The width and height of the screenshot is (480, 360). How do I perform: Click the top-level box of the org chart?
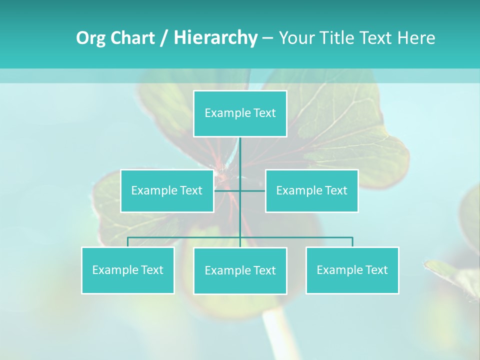tap(240, 113)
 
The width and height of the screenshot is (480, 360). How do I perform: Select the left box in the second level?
tap(167, 190)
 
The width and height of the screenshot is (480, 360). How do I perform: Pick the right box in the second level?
tap(311, 190)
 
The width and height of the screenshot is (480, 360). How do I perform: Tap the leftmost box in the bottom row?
tap(128, 270)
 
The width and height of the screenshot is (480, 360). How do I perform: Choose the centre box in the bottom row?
tap(240, 270)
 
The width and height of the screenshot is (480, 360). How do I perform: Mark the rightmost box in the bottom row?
tap(352, 270)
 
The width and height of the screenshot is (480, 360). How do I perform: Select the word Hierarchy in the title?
tap(215, 38)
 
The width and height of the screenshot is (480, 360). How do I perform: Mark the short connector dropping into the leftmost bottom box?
tap(128, 242)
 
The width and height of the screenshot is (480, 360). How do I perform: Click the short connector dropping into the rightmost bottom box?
tap(352, 242)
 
